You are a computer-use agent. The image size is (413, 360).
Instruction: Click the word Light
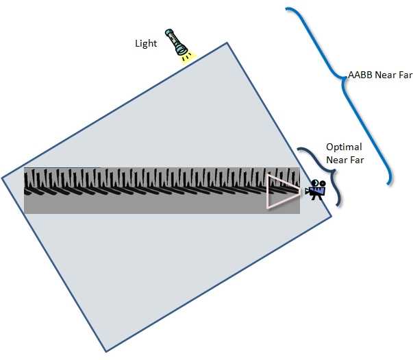tap(145, 43)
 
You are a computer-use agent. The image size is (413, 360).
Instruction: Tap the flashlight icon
tap(176, 43)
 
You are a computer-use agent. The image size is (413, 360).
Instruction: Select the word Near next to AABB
tap(375, 74)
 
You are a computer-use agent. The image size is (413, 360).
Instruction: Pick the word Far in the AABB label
tap(396, 74)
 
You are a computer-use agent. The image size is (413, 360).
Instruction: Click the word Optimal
tap(344, 147)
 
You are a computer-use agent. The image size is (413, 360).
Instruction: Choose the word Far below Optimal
tap(357, 160)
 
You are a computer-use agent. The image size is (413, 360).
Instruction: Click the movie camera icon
tap(316, 190)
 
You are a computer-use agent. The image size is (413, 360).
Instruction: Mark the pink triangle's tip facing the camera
tap(300, 191)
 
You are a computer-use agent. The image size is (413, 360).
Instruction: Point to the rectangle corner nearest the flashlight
tap(227, 44)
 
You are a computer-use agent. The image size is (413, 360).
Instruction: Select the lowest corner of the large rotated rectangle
tap(106, 352)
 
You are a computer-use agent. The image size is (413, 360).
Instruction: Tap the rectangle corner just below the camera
tap(331, 218)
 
